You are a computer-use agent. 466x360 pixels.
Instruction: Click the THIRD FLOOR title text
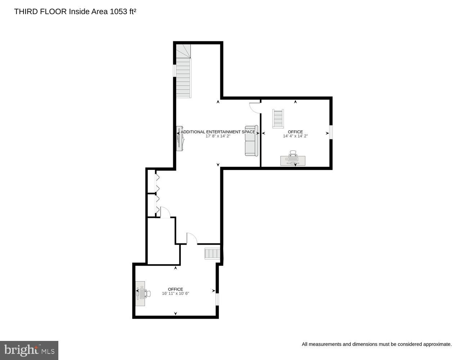point(40,12)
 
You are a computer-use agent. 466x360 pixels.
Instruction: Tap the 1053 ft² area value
point(123,12)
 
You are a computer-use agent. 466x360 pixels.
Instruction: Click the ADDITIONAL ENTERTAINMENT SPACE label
point(218,132)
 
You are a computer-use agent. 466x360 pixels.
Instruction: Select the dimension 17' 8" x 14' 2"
point(218,136)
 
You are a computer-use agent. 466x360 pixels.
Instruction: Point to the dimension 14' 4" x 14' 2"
point(295,136)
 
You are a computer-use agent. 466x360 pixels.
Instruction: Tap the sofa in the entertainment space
point(251,141)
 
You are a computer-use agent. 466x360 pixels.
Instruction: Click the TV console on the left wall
point(179,138)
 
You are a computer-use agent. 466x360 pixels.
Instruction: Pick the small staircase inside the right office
point(278,118)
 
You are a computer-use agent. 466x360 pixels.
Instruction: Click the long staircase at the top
point(183,77)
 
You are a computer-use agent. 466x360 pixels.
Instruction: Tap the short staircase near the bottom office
point(212,254)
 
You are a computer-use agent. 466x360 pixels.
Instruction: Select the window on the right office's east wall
point(331,131)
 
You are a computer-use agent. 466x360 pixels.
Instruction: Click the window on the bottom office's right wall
point(217,299)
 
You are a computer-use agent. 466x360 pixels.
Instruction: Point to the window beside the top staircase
point(175,70)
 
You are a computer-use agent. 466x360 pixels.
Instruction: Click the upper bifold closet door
point(157,183)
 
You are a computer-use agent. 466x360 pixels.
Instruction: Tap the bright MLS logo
point(29,350)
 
